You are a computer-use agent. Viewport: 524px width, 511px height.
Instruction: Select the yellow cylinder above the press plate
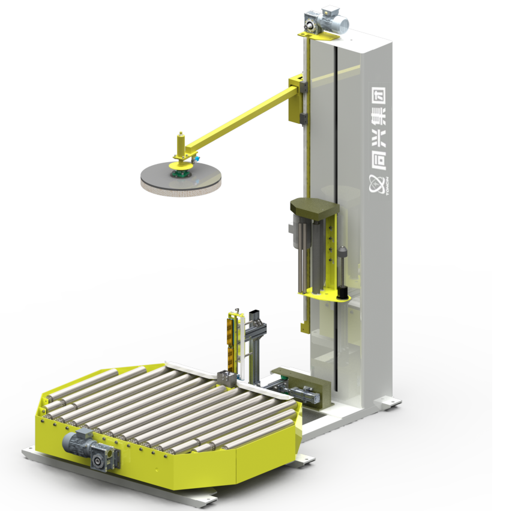(178, 145)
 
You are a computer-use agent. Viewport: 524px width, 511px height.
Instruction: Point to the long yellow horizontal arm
(240, 118)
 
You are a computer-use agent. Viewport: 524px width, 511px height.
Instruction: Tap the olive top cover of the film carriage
(314, 208)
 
